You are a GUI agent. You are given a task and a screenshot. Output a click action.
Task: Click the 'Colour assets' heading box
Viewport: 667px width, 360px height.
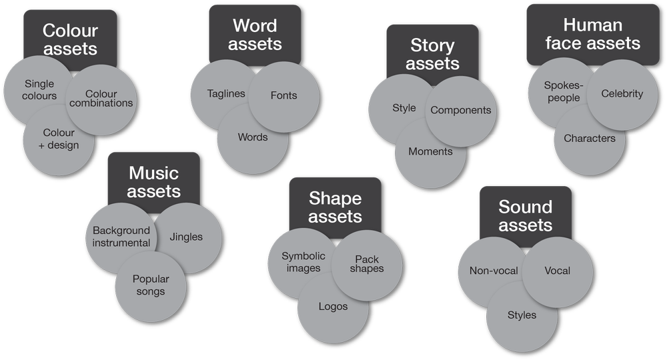[69, 39]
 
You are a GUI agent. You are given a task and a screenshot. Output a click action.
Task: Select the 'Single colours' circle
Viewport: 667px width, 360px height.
[39, 90]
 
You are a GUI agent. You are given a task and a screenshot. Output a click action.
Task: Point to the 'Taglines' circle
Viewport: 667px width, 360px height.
[225, 94]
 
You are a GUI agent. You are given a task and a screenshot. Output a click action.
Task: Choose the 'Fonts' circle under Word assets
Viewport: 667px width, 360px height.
[283, 95]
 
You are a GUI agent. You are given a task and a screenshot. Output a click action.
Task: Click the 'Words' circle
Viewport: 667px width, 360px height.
[253, 137]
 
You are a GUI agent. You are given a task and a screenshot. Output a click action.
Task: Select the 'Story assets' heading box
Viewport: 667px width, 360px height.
[432, 55]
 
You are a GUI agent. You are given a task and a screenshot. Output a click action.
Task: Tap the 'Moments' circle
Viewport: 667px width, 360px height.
[430, 151]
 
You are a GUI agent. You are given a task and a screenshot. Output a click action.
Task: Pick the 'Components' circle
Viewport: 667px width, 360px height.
[461, 110]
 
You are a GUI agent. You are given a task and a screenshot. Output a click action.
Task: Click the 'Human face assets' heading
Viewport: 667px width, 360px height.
[592, 35]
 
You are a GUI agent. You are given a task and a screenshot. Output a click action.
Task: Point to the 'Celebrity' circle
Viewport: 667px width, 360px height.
[622, 94]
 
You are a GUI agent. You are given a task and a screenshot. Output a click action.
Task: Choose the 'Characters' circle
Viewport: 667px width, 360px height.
[589, 139]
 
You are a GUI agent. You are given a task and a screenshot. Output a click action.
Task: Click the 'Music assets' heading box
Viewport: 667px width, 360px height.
[153, 181]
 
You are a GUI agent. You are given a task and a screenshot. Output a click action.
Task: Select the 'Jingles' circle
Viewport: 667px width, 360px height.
[186, 237]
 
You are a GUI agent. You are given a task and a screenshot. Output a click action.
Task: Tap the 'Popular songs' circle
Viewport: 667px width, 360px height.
[150, 285]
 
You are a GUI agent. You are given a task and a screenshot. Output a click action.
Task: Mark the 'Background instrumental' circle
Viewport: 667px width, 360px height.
[121, 237]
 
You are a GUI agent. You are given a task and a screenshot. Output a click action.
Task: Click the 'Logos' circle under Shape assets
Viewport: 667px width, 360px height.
[333, 307]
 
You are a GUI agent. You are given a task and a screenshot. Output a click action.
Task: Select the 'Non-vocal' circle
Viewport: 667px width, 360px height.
[494, 271]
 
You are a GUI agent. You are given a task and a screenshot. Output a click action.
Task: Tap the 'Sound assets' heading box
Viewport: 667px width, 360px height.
[526, 215]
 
